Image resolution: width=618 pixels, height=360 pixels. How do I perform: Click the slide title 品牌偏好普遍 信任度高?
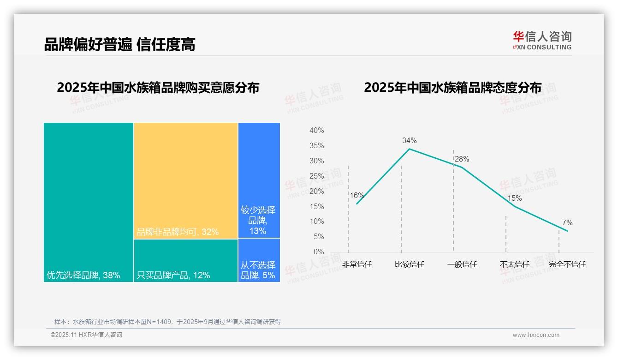pyautogui.click(x=119, y=44)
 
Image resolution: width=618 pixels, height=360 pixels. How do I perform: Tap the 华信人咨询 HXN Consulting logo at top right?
pyautogui.click(x=542, y=40)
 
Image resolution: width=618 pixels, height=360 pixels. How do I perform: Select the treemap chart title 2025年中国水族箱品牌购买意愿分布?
pyautogui.click(x=158, y=88)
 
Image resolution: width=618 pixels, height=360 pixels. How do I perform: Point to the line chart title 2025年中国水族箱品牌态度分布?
pyautogui.click(x=452, y=88)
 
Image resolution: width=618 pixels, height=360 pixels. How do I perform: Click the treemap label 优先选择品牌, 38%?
pyautogui.click(x=83, y=275)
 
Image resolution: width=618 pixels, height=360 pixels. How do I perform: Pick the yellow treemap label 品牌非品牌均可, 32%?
pyautogui.click(x=178, y=232)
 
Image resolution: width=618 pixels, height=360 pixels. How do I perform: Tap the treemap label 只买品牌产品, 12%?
pyautogui.click(x=173, y=275)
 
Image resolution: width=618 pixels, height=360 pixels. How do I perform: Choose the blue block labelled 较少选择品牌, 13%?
pyautogui.click(x=258, y=220)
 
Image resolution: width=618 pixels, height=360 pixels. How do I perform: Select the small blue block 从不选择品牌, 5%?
pyautogui.click(x=258, y=270)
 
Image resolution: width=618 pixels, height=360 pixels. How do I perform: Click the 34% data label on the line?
pyautogui.click(x=409, y=140)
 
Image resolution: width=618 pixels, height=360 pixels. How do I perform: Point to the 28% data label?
pyautogui.click(x=462, y=159)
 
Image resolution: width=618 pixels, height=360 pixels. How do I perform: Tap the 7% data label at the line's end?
pyautogui.click(x=567, y=223)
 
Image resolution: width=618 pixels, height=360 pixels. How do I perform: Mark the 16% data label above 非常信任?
pyautogui.click(x=357, y=195)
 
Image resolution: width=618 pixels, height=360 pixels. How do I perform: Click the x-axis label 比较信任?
pyautogui.click(x=409, y=264)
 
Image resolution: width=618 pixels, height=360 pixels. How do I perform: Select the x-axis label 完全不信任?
pyautogui.click(x=567, y=264)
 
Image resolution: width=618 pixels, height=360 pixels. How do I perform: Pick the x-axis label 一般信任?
pyautogui.click(x=462, y=264)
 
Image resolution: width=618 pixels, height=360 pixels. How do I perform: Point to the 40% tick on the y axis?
pyautogui.click(x=316, y=131)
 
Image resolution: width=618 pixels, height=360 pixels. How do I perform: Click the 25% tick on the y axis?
pyautogui.click(x=316, y=176)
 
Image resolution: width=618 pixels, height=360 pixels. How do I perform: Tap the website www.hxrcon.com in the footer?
pyautogui.click(x=536, y=335)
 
